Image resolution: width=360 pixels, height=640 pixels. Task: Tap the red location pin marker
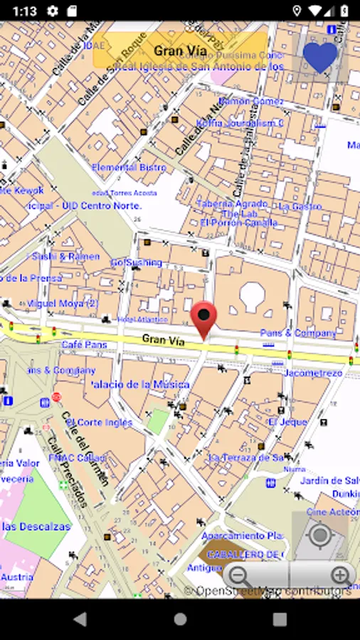click(204, 318)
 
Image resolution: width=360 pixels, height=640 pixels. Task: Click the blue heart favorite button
click(319, 57)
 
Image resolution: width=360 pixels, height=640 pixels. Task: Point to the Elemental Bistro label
click(129, 168)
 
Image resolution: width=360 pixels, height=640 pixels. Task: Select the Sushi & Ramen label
click(65, 256)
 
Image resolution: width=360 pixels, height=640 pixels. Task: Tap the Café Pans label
click(84, 345)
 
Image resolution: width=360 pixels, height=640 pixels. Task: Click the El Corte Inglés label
click(100, 422)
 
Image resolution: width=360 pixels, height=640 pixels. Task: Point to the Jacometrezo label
click(313, 373)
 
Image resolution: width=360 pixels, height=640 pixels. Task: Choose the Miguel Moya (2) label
click(63, 304)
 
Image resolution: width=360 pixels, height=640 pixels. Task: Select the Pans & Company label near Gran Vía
click(298, 333)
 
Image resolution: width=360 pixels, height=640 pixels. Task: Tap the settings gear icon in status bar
click(52, 11)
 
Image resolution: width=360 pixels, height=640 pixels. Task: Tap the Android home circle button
click(180, 619)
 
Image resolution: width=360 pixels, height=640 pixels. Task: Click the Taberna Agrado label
click(232, 203)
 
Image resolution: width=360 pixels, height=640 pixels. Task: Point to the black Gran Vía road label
click(164, 341)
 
